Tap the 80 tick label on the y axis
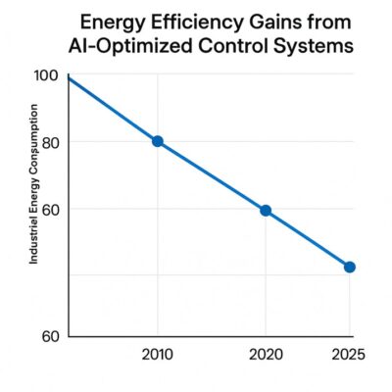[50, 142]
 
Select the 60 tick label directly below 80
[50, 209]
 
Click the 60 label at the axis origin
[50, 336]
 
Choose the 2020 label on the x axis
[265, 354]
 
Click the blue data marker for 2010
[157, 141]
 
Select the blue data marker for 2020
[265, 211]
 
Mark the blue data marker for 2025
[349, 267]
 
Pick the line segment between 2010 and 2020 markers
[211, 176]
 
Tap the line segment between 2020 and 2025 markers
[307, 239]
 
